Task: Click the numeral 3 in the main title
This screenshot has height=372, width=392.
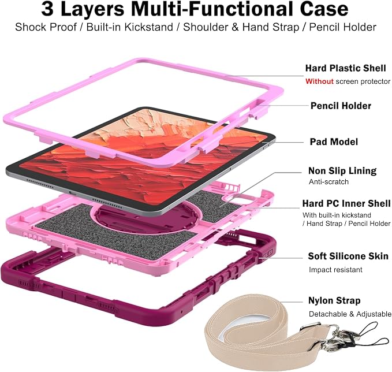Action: pos(47,9)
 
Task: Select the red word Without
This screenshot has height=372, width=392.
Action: pos(319,81)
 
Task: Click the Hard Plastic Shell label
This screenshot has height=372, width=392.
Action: pos(345,68)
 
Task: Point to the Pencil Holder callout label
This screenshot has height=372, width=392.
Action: pos(341,106)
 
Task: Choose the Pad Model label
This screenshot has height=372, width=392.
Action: pos(334,142)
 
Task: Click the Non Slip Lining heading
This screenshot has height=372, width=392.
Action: pos(342,171)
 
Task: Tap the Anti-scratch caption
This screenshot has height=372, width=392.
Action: pos(328,181)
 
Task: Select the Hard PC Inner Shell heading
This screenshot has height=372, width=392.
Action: pos(346,203)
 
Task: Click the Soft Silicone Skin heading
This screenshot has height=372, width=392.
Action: pos(348,256)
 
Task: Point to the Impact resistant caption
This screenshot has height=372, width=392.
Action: pos(335,269)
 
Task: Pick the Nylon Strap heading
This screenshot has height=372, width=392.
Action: pos(334,300)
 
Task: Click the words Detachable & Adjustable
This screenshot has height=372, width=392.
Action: pos(350,314)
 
